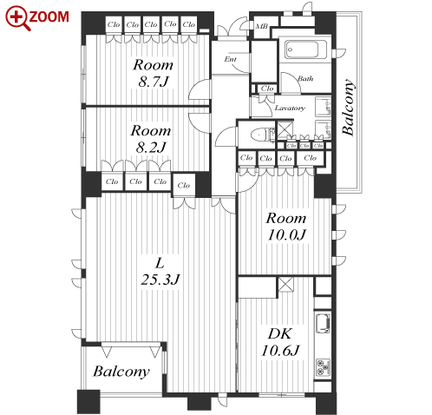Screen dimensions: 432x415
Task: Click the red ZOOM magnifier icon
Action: point(17,18)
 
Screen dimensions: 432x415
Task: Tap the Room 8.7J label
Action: point(153,73)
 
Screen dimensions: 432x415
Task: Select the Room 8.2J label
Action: point(151,139)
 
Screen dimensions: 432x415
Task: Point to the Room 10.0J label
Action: point(286,227)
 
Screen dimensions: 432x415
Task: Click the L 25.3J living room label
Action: point(160,272)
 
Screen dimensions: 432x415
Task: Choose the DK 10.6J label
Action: point(280,342)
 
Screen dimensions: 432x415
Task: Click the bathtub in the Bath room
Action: point(306,49)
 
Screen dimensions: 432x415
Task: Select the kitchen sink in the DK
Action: point(323,323)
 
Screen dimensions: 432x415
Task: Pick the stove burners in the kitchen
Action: point(323,367)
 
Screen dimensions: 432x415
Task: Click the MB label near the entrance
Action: point(261,26)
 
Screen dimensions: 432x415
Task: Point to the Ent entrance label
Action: point(231,59)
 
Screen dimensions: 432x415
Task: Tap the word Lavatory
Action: point(290,108)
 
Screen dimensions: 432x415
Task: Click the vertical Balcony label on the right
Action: point(348,107)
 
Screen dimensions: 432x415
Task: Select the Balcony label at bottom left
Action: point(121,372)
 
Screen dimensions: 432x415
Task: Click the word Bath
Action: point(305,78)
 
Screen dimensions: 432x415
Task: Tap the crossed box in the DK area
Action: point(285,285)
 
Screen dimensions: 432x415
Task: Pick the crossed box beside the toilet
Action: point(285,130)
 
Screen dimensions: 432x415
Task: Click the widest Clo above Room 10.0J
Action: point(311,158)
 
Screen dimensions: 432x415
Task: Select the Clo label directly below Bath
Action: point(267,89)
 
